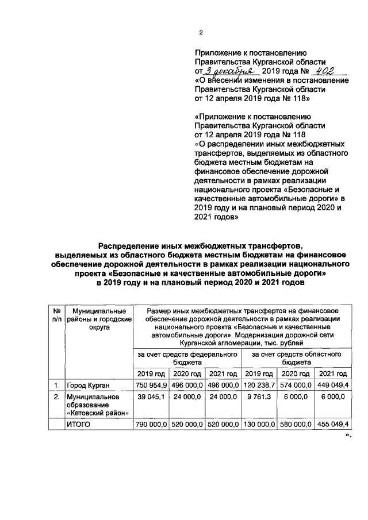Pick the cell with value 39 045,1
coord(151,396)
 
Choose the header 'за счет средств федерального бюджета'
coord(186,359)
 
